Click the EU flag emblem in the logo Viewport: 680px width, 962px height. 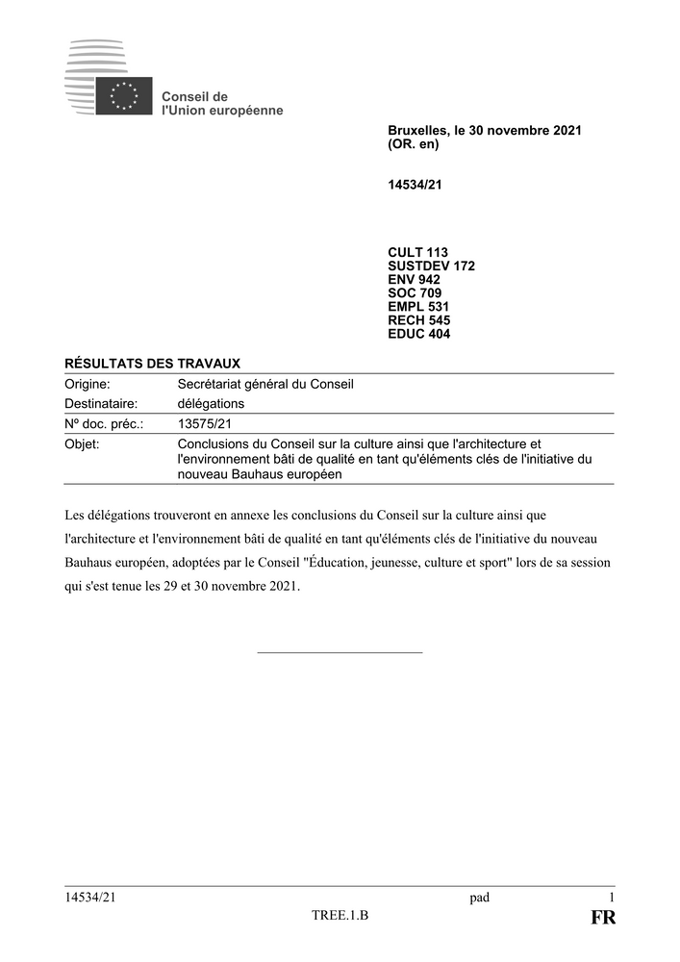click(123, 96)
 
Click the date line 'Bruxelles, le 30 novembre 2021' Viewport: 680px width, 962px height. click(485, 130)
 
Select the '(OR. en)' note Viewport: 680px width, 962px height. click(414, 144)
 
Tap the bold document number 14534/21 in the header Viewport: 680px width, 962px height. click(415, 185)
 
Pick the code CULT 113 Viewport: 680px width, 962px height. click(418, 253)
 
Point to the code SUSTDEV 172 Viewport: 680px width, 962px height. click(431, 266)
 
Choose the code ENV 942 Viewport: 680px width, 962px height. click(415, 280)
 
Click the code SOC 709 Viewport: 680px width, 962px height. click(416, 293)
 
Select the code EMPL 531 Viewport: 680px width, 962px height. click(418, 307)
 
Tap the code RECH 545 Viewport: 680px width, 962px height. click(419, 320)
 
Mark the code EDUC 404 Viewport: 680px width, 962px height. click(419, 334)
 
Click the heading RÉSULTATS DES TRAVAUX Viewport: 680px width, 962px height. click(152, 363)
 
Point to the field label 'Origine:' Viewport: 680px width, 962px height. click(88, 384)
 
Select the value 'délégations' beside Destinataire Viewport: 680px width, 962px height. click(212, 403)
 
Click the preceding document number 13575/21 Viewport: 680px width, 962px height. click(205, 423)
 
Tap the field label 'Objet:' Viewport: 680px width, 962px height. click(82, 443)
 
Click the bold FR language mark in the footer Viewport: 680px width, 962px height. click(603, 918)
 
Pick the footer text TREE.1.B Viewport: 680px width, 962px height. click(340, 915)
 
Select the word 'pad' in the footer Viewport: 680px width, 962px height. click(479, 898)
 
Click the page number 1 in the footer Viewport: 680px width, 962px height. click(612, 898)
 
